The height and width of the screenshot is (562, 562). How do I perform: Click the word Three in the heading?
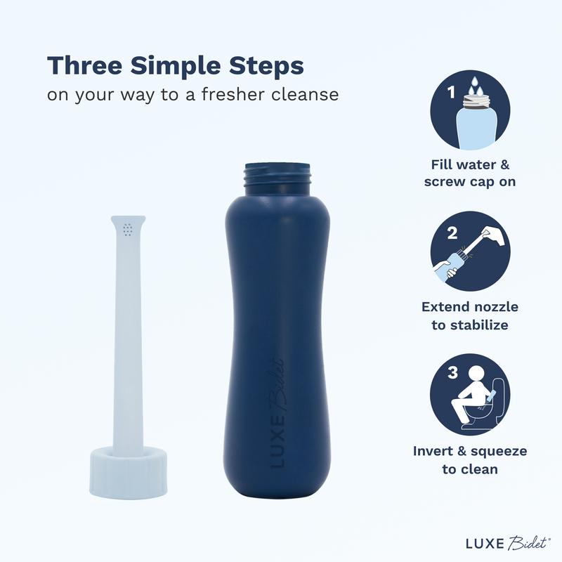[85, 65]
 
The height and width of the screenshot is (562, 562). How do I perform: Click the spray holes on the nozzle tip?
[128, 230]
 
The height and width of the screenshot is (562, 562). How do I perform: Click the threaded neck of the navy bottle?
[277, 179]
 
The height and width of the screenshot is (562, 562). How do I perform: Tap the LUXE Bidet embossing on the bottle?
[277, 412]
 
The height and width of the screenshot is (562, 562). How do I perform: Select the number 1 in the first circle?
[451, 92]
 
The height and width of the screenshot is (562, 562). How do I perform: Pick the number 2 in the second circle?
[452, 233]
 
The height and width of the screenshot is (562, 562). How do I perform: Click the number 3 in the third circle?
[453, 372]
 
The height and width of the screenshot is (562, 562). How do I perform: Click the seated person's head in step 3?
[476, 376]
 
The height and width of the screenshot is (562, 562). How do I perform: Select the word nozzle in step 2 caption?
[495, 307]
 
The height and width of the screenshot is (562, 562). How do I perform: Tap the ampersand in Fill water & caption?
[504, 165]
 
